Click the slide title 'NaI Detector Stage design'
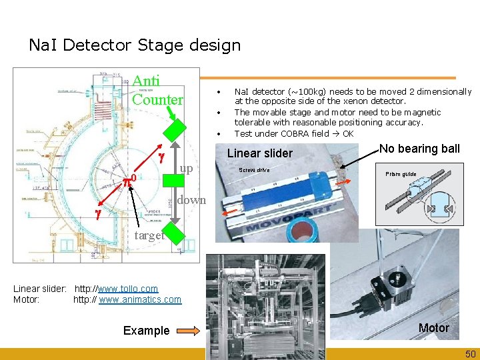pos(135,45)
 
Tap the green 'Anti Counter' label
pos(157,91)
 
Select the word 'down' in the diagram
pos(191,199)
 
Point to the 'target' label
pos(150,235)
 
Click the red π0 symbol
pos(129,179)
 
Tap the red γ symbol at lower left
pos(97,215)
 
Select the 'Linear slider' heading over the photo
pos(259,153)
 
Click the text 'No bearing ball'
pos(419,149)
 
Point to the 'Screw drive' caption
pos(254,169)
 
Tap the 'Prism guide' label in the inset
pos(400,174)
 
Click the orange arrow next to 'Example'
pos(188,330)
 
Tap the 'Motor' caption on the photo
pos(433,327)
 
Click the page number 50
pos(469,353)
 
